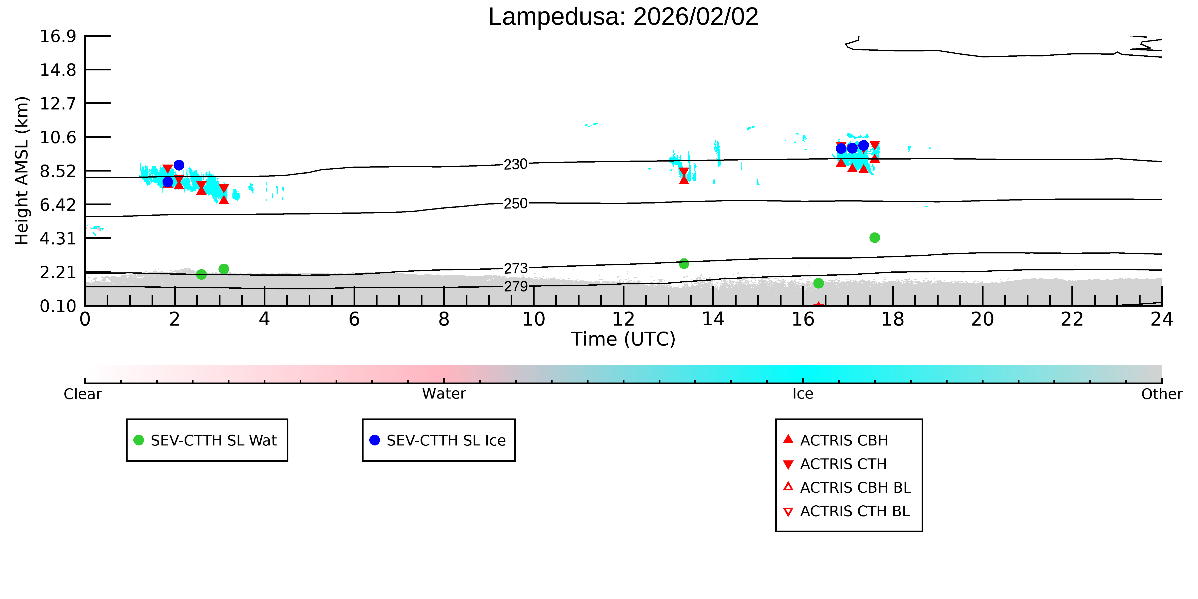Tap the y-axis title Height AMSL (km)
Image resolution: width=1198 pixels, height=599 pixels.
pyautogui.click(x=22, y=171)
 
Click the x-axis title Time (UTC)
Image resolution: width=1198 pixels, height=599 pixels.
pyautogui.click(x=623, y=339)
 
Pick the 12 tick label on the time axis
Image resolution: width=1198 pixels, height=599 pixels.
pyautogui.click(x=623, y=319)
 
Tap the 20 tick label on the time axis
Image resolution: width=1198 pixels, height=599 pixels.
pyautogui.click(x=982, y=319)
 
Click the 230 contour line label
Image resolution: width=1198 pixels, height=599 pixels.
pyautogui.click(x=516, y=164)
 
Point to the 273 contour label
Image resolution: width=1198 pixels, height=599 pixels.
pyautogui.click(x=516, y=268)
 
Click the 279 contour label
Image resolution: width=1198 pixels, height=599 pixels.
pyautogui.click(x=516, y=286)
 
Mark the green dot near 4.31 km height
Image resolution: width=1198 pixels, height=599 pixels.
pyautogui.click(x=874, y=238)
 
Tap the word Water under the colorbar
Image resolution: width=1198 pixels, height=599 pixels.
pyautogui.click(x=444, y=394)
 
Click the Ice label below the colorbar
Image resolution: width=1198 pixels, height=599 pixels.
pyautogui.click(x=803, y=394)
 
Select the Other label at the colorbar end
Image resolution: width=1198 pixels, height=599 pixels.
pyautogui.click(x=1162, y=394)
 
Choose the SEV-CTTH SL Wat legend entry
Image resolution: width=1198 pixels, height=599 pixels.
pyautogui.click(x=207, y=440)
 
